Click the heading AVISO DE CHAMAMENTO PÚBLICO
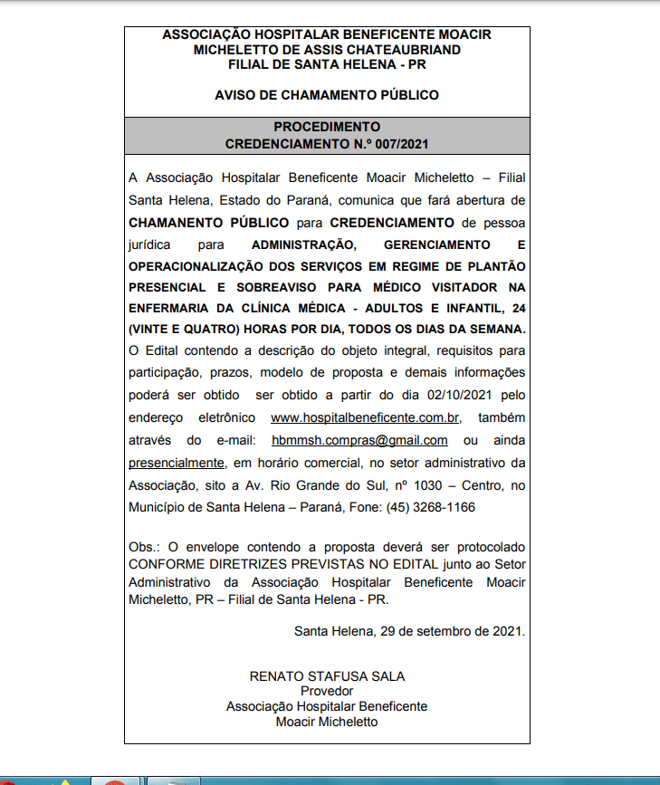327,95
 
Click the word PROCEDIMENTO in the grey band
327,127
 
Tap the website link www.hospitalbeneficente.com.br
366,417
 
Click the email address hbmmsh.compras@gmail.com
359,440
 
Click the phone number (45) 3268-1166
430,507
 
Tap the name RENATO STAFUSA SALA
327,676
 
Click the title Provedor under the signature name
327,691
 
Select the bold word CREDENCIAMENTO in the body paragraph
392,222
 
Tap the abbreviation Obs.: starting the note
146,548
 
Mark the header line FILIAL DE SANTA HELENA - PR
327,65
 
